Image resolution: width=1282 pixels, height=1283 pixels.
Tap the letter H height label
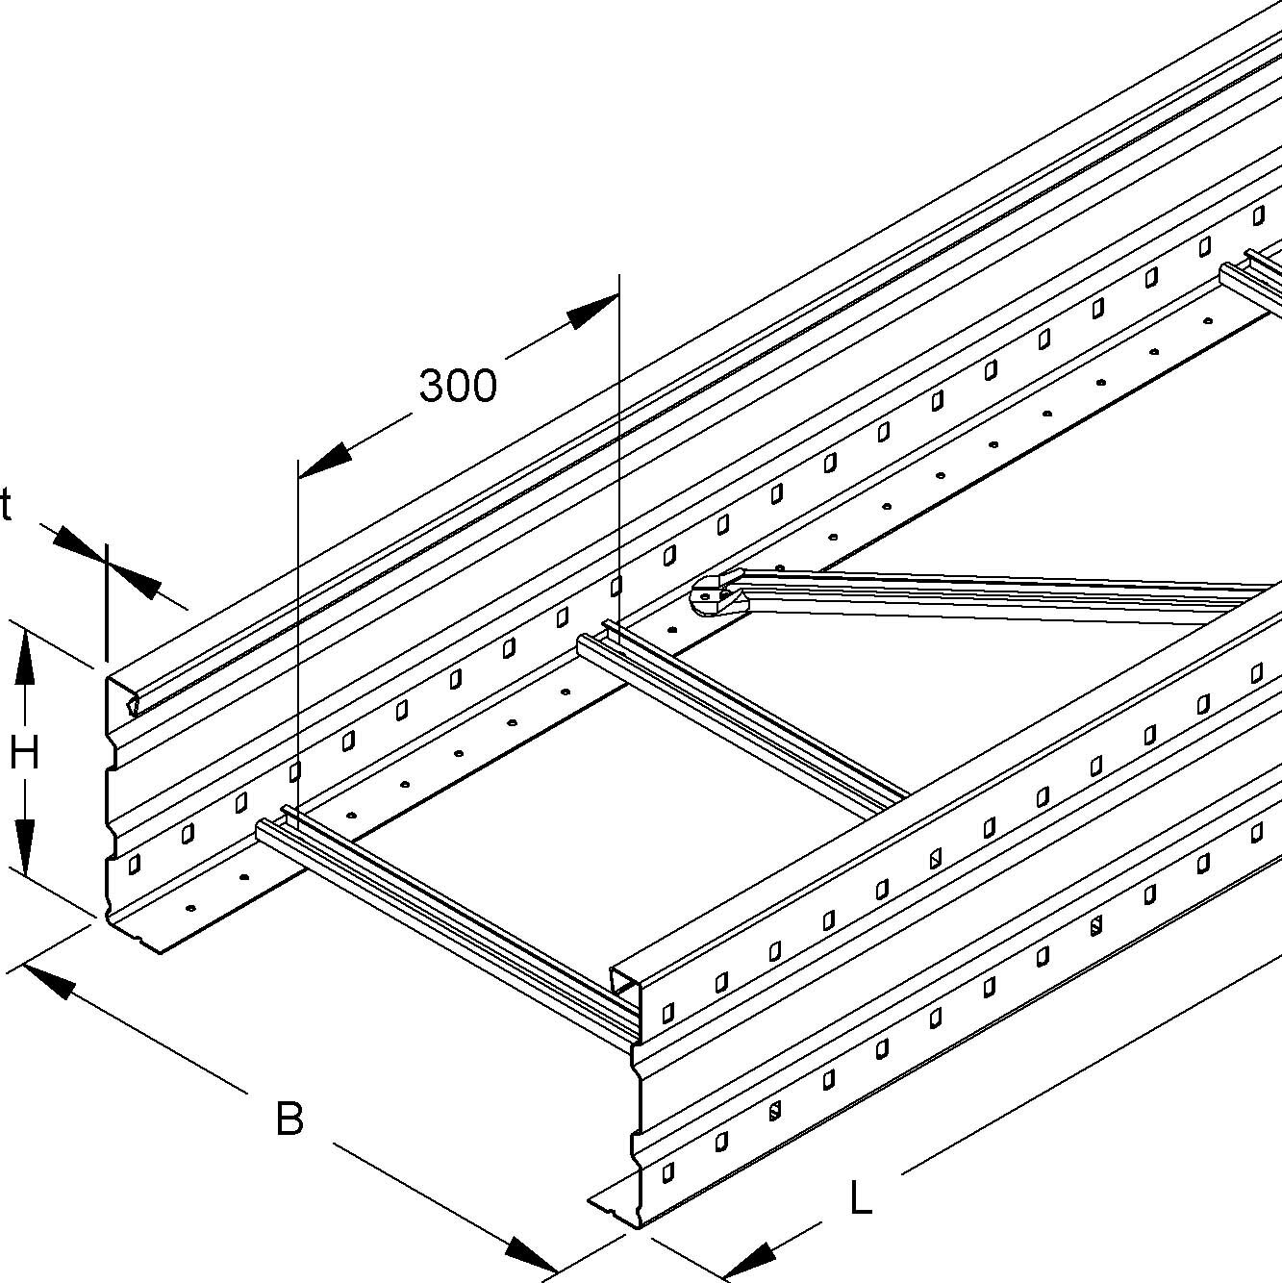click(x=24, y=753)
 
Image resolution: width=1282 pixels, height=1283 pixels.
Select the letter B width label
click(x=289, y=1119)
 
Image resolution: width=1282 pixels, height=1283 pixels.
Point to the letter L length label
click(x=861, y=1198)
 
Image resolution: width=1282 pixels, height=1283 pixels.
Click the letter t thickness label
click(x=6, y=506)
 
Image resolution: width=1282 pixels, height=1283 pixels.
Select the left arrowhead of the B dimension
click(x=48, y=980)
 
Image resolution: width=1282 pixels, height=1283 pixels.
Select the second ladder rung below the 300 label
click(x=741, y=717)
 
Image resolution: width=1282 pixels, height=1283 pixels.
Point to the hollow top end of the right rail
click(x=627, y=979)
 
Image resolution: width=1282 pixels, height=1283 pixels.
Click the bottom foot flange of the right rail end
click(x=616, y=1208)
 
